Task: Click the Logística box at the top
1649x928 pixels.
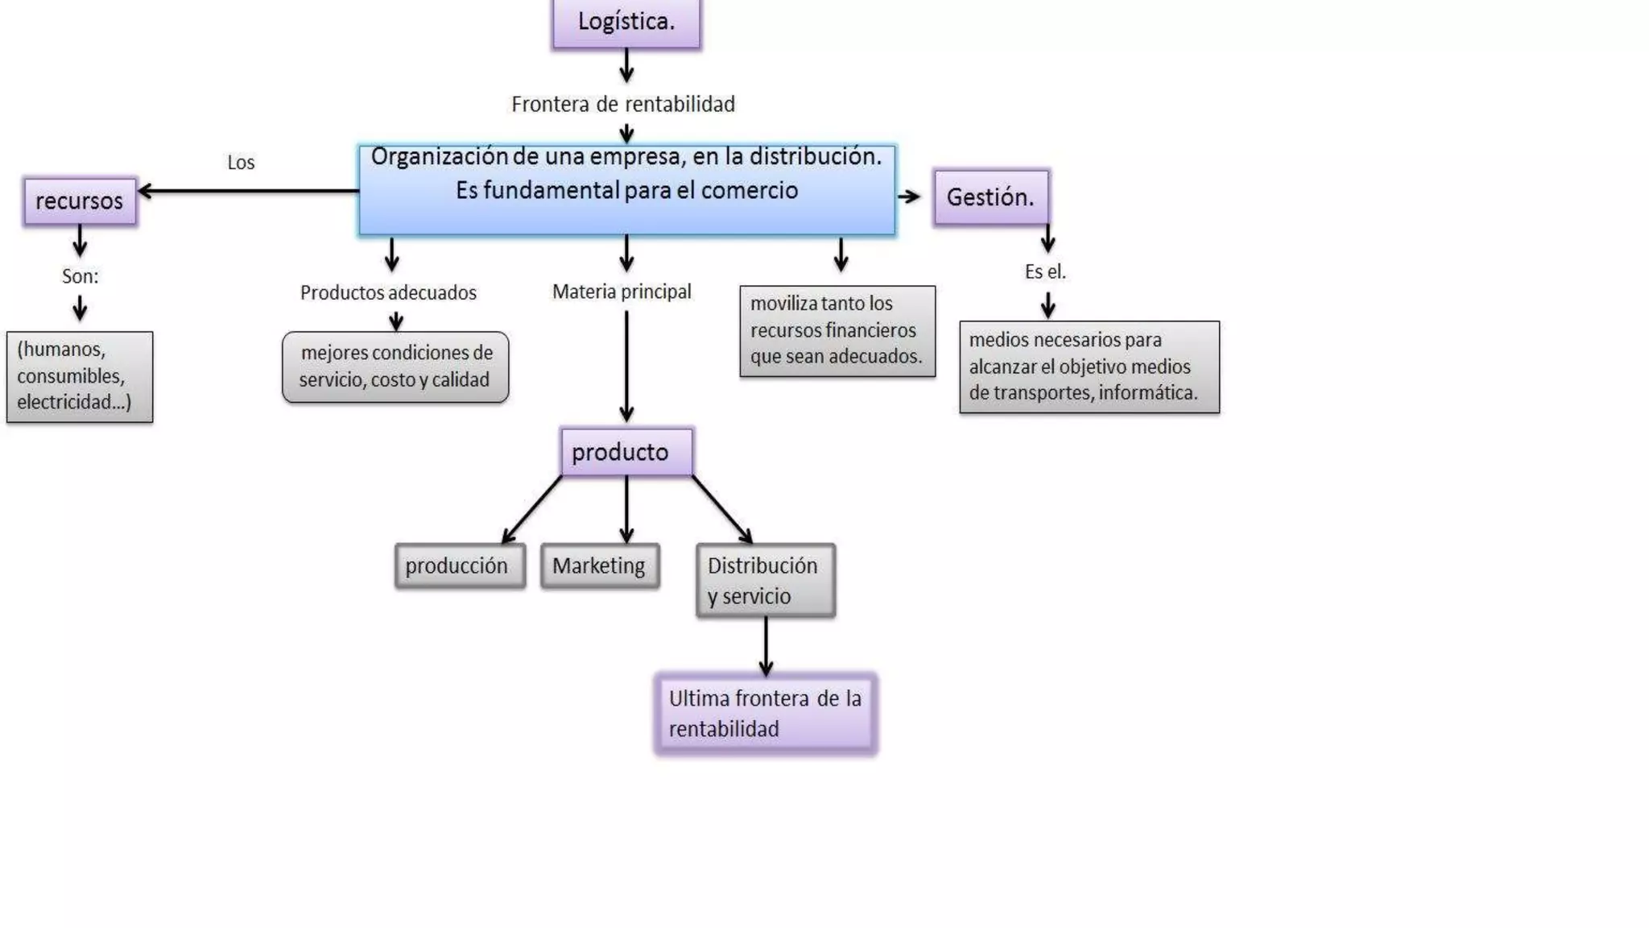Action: (626, 23)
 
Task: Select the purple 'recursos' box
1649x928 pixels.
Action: (80, 201)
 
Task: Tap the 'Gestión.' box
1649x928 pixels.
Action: (990, 197)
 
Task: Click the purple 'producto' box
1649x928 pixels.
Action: (626, 452)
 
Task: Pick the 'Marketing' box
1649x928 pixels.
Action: (600, 566)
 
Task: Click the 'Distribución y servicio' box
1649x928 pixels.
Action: (765, 581)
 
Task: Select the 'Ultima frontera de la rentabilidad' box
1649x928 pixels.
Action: (765, 714)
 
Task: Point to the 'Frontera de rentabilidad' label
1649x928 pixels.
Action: (623, 105)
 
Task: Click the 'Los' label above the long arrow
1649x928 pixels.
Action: (241, 163)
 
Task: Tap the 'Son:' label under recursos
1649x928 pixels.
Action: (80, 276)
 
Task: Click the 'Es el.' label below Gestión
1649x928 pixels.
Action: (1045, 272)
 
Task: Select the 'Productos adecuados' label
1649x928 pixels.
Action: (388, 292)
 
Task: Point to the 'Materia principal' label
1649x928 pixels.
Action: (622, 292)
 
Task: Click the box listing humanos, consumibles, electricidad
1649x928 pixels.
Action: (80, 377)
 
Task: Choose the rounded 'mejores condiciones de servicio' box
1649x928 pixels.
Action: (395, 367)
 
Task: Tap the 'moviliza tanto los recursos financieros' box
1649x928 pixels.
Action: (837, 331)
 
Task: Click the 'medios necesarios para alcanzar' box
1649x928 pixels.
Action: (1089, 367)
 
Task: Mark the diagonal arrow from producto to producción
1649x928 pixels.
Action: (531, 510)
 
